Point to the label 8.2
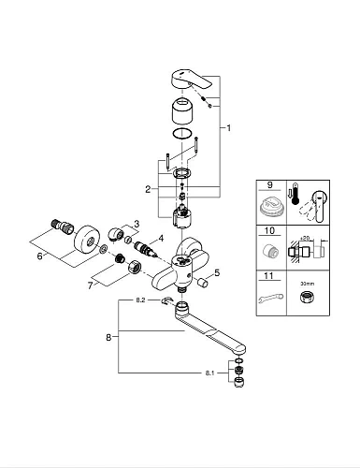tap(139, 301)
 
